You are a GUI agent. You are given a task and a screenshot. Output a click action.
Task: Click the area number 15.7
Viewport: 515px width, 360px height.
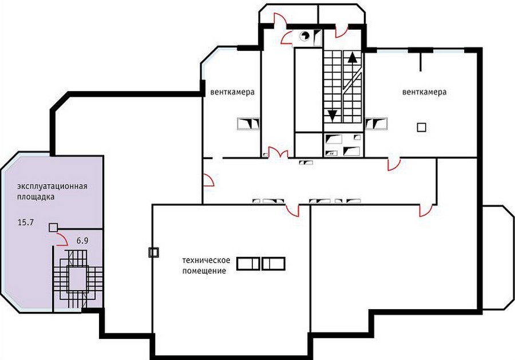(x=26, y=223)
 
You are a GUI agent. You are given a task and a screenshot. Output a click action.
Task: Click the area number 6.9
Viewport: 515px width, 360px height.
(x=82, y=241)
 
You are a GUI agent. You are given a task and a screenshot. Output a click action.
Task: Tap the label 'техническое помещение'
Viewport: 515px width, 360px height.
(x=206, y=266)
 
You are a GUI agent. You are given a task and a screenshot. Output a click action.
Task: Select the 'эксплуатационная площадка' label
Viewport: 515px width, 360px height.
(x=52, y=192)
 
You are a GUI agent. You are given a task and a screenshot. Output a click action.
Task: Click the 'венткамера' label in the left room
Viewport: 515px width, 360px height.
(x=232, y=92)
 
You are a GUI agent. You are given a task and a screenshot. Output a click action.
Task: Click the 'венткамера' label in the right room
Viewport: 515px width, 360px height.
(x=425, y=92)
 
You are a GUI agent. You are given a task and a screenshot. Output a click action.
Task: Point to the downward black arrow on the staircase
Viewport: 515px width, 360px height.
(x=332, y=116)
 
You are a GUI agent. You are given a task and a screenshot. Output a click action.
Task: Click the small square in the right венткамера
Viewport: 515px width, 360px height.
(x=421, y=127)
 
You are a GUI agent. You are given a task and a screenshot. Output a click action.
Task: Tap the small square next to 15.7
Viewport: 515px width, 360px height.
(x=53, y=227)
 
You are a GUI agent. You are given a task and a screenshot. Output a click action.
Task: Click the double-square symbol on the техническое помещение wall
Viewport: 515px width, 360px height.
(x=154, y=252)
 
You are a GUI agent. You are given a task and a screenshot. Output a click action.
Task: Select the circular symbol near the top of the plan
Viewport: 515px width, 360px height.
(x=305, y=35)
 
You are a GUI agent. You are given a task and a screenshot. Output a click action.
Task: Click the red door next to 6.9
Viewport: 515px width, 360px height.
(x=62, y=240)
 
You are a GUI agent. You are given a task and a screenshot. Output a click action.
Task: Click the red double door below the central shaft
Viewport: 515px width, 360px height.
(x=278, y=152)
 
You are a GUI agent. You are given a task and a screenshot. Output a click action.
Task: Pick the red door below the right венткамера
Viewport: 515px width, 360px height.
(x=394, y=165)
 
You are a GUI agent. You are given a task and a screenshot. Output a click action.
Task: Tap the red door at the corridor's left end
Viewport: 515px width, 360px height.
(x=208, y=180)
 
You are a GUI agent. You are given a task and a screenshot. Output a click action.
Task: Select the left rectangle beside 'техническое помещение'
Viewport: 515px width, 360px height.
(x=249, y=264)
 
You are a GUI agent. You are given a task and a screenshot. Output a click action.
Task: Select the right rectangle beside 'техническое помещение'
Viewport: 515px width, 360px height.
(x=274, y=264)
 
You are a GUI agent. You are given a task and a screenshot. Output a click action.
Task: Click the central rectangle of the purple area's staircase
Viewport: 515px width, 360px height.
(x=78, y=279)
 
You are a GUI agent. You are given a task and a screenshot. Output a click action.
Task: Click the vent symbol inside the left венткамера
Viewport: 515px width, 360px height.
(x=249, y=124)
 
